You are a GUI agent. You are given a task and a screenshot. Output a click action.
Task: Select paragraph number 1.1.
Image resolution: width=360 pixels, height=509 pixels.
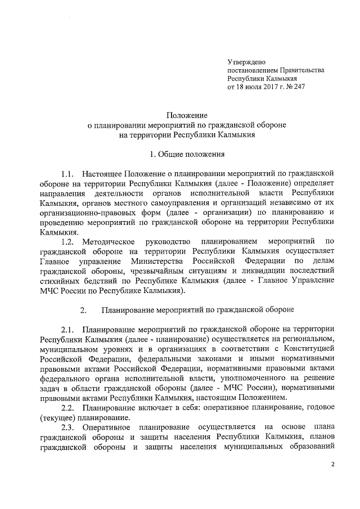[68, 174]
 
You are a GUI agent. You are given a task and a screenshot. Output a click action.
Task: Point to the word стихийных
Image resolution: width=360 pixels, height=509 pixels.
[59, 281]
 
